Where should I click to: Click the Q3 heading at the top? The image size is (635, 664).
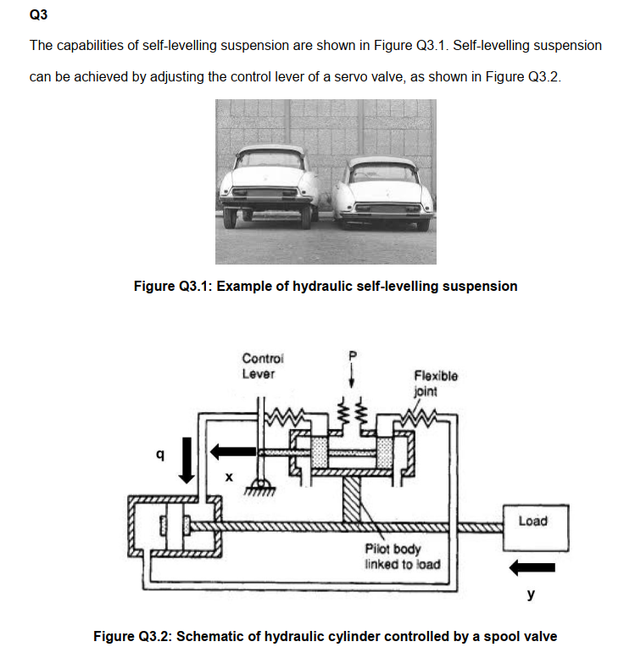pos(40,14)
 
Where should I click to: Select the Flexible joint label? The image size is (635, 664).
pos(436,382)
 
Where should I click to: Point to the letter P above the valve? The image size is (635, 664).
pos(354,354)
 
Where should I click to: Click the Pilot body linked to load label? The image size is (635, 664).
pos(402,556)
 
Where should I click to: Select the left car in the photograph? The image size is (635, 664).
pos(267,187)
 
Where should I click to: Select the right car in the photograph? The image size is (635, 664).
pos(382,191)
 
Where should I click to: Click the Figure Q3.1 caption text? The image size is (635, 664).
pos(326,286)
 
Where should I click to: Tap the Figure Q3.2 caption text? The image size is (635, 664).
pos(326,636)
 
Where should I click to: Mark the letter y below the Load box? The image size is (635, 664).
pos(532,595)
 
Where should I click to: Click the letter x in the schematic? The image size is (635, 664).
pos(228,477)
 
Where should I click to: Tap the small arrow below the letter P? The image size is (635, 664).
pos(354,375)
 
